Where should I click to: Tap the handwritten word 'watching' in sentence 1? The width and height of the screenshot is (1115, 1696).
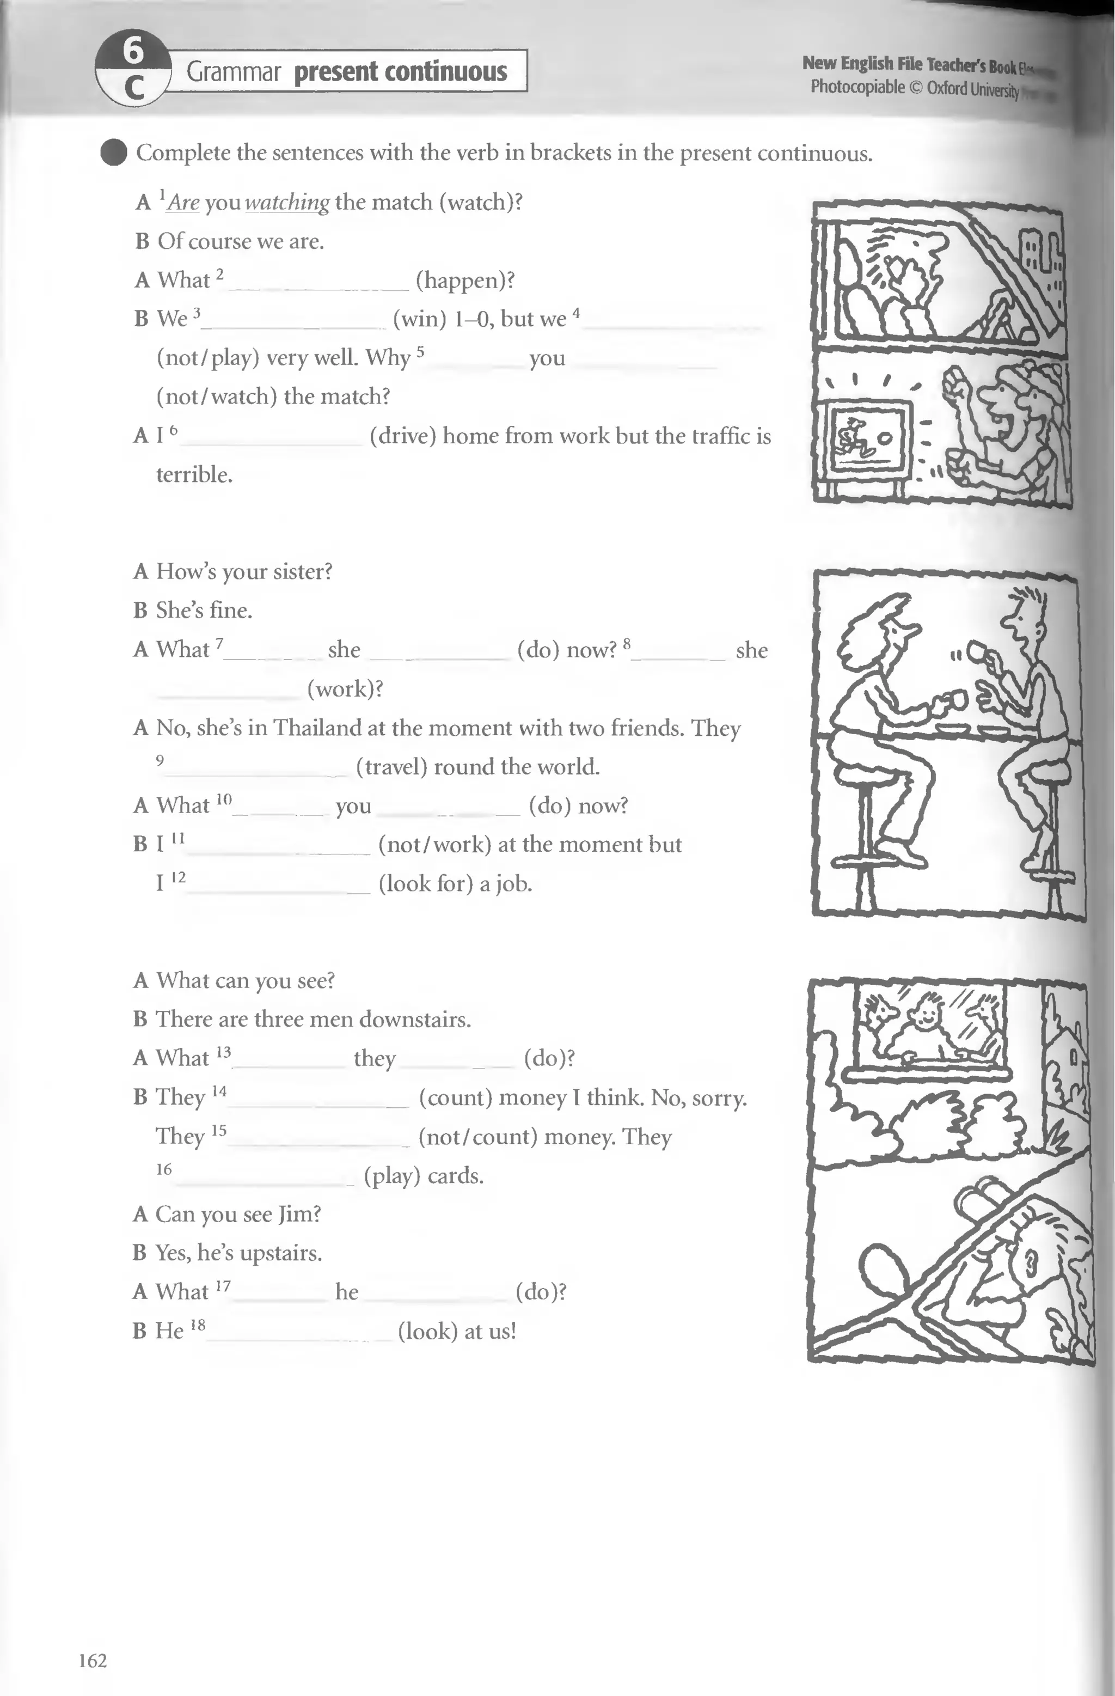click(287, 203)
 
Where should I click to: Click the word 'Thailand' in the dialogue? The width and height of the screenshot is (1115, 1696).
click(318, 728)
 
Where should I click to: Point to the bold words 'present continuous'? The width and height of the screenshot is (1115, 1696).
click(400, 71)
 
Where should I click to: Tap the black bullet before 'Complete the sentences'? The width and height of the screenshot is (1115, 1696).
click(113, 152)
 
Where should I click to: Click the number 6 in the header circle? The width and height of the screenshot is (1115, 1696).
click(133, 50)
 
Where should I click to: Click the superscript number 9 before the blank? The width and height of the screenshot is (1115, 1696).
click(160, 760)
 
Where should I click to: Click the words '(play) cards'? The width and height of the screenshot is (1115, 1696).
click(423, 1175)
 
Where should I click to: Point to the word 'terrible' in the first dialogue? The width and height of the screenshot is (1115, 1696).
click(194, 474)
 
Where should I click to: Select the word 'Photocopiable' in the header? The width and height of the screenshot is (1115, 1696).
click(857, 87)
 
